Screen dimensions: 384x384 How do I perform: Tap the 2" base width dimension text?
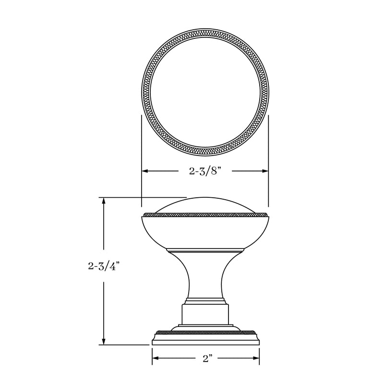click(207, 359)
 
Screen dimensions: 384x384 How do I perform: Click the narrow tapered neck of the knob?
click(205, 278)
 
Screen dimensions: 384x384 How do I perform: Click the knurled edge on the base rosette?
click(205, 331)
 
